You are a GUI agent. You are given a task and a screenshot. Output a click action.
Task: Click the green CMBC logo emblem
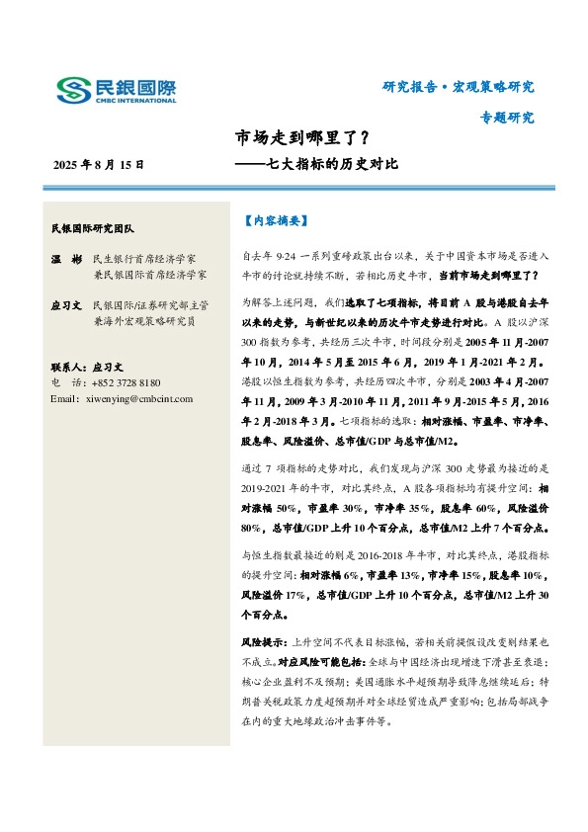point(74,90)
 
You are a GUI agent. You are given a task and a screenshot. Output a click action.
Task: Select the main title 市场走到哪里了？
point(302,138)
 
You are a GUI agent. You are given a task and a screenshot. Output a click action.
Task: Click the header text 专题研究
point(506,117)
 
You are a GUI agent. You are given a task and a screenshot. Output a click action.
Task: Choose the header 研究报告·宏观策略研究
point(458,87)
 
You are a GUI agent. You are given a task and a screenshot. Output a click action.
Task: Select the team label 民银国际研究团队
point(98,228)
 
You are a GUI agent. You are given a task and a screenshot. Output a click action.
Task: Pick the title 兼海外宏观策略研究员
point(149,321)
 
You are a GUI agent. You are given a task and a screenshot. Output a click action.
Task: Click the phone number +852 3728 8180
point(126,381)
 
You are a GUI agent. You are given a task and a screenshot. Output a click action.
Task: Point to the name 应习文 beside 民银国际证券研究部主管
point(65,306)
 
